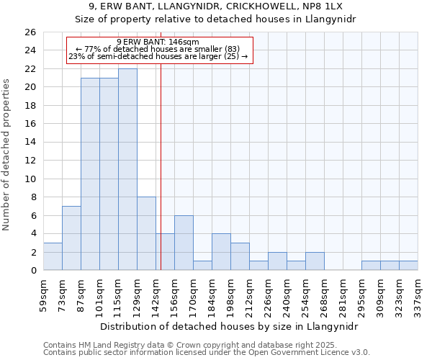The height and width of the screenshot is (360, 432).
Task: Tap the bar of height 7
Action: pos(71,238)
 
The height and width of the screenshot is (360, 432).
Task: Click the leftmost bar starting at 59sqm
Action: pos(53,256)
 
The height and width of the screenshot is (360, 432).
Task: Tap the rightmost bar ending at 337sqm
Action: pos(408,265)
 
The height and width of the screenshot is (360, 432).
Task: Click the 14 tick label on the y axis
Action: pos(30,143)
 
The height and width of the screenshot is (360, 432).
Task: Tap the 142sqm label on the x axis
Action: pos(156,295)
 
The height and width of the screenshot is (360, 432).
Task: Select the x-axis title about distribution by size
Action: pos(230,326)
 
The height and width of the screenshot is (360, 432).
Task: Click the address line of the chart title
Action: pos(215,6)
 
